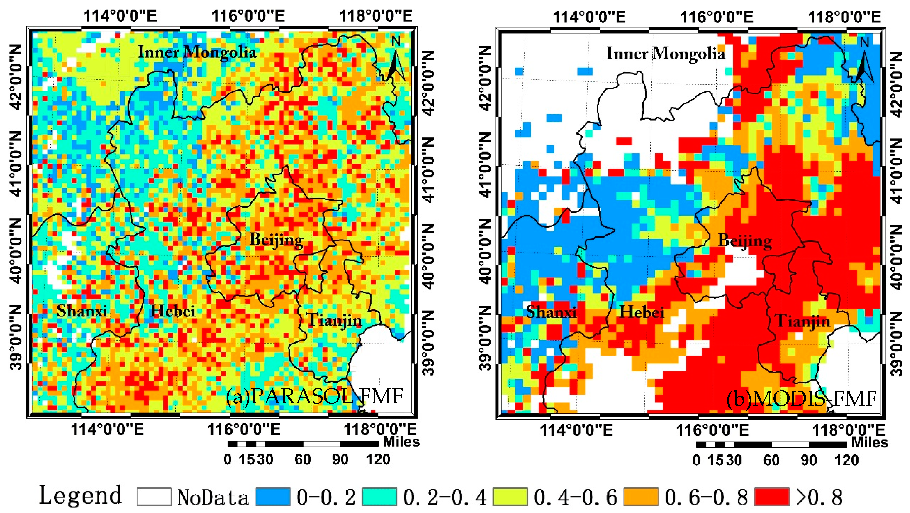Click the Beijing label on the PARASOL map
276,240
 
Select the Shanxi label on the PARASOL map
82,311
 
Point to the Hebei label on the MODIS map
642,312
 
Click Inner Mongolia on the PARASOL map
197,52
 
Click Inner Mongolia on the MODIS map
666,53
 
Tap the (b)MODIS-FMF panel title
801,398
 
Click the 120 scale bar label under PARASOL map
378,459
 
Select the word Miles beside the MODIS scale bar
869,442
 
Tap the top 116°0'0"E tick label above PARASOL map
248,16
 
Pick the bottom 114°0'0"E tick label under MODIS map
576,430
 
